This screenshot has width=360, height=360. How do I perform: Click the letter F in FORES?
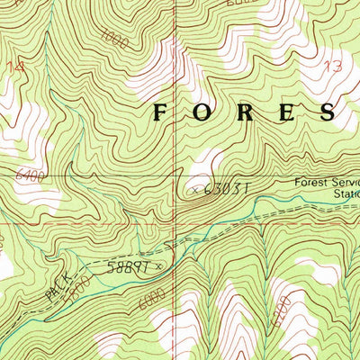tap(162, 112)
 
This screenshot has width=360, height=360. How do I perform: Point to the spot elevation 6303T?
tap(224, 189)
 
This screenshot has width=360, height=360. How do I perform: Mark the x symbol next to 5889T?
tap(159, 265)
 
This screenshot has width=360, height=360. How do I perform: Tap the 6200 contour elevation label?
tap(281, 316)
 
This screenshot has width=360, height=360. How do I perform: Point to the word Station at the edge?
tap(346, 193)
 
